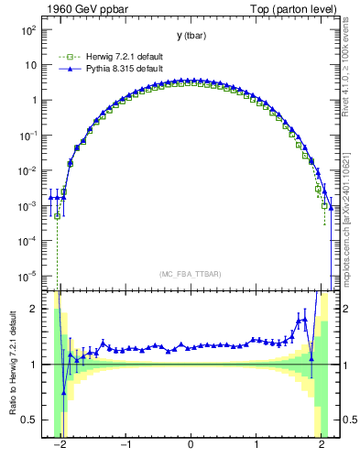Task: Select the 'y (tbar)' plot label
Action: click(x=191, y=36)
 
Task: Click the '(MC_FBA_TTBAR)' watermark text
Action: click(x=191, y=274)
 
